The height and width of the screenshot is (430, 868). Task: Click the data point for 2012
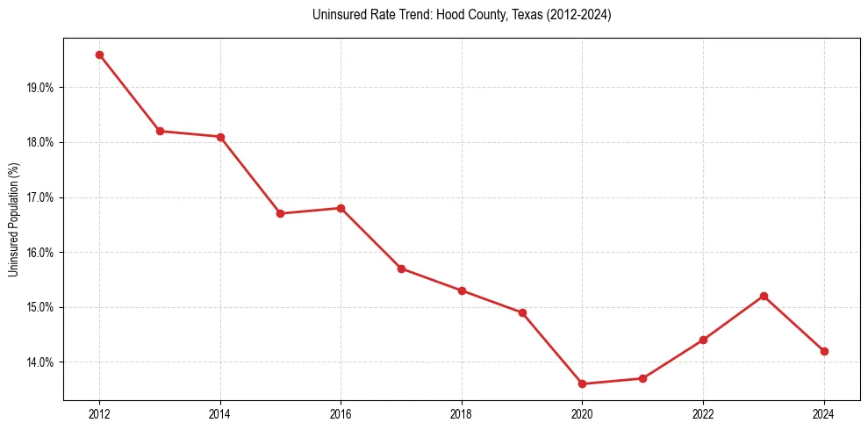[99, 54]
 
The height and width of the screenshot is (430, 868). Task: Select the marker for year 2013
[160, 131]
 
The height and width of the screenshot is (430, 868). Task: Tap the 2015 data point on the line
[280, 213]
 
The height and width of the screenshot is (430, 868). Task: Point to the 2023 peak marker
[764, 296]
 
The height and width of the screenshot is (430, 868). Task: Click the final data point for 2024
[824, 351]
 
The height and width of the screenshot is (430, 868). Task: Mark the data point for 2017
[401, 269]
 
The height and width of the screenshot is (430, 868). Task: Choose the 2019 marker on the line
[522, 312]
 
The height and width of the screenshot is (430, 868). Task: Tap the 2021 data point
[642, 378]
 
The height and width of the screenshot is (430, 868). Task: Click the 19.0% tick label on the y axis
[41, 88]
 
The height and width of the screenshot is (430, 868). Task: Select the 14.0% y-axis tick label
[41, 362]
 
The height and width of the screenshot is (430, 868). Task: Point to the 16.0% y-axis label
[41, 253]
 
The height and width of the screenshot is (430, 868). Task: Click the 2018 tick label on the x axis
[462, 413]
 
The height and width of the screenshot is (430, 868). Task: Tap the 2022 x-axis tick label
[703, 413]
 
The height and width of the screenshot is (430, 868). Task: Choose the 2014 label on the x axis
[220, 413]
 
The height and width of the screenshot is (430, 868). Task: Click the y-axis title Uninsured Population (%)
[13, 219]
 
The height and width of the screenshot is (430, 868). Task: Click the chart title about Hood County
[462, 15]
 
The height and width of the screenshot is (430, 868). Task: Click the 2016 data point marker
[341, 208]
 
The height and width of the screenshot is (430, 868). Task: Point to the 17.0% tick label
[41, 197]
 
